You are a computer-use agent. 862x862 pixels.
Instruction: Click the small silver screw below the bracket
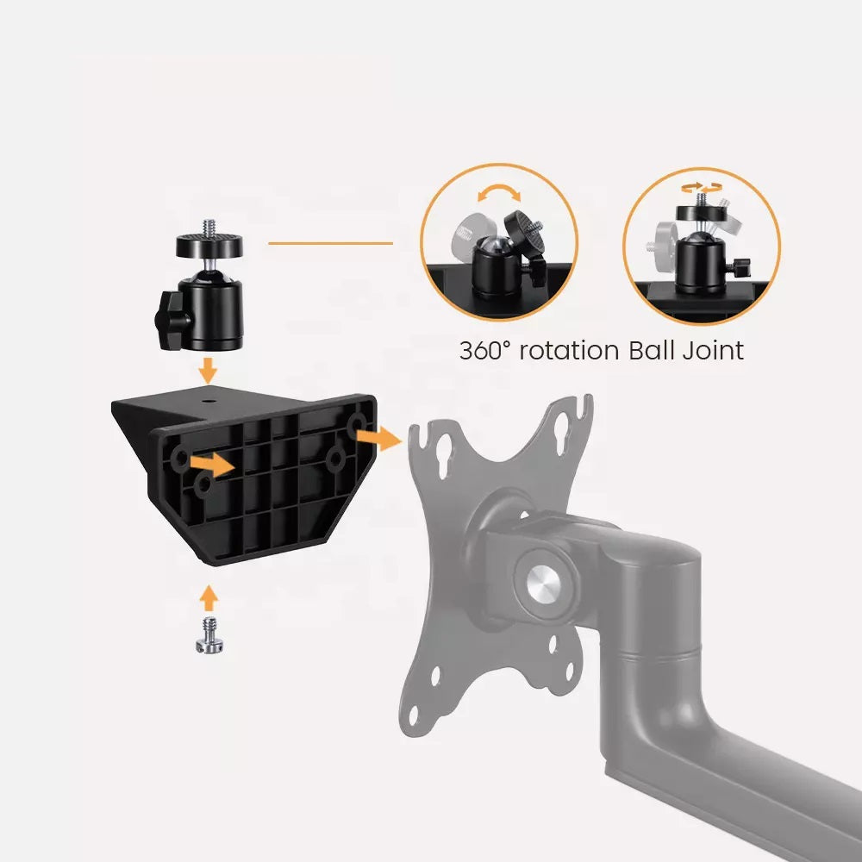coord(209,635)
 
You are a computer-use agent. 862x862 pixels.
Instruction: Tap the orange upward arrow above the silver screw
coord(208,598)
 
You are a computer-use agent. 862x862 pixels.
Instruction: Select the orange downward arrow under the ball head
coord(208,371)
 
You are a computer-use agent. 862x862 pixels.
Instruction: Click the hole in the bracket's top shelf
coord(209,402)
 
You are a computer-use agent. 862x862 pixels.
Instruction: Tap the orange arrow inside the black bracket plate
coord(212,465)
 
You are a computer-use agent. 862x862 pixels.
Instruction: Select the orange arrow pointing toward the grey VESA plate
coord(379,438)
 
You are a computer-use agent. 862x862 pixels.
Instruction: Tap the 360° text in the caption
coord(484,351)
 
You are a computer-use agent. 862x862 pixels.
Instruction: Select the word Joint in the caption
coord(714,350)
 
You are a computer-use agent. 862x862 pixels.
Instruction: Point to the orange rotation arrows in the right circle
coord(702,187)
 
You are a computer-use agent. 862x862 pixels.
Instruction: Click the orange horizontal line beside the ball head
coord(330,243)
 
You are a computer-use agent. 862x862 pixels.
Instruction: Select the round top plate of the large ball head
coord(209,245)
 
